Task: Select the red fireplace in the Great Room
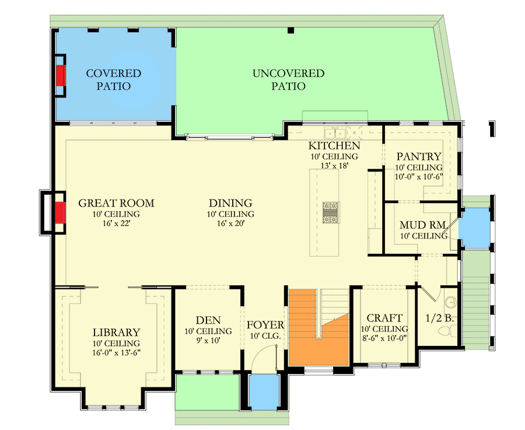(60, 212)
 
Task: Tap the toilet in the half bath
(445, 331)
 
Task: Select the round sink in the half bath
(450, 302)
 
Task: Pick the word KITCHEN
(334, 146)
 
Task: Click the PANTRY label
(419, 156)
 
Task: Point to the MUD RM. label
(423, 225)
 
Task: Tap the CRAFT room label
(384, 318)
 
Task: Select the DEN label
(208, 320)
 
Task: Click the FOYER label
(265, 325)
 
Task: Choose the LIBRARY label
(116, 333)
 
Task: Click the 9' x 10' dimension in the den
(208, 341)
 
